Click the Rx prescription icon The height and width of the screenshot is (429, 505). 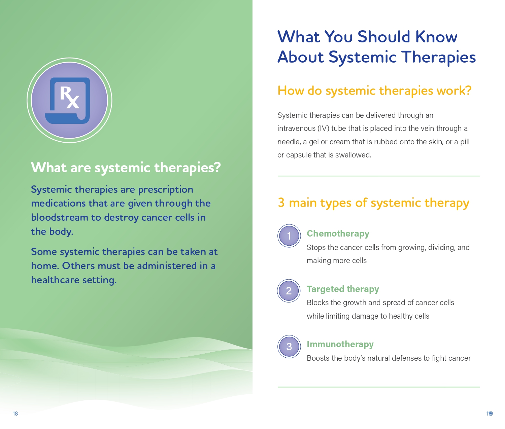click(x=69, y=100)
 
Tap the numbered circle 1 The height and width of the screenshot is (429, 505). click(x=289, y=236)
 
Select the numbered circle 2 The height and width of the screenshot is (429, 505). click(x=289, y=291)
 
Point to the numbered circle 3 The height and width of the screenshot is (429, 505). click(x=289, y=347)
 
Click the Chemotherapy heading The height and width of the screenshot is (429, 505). click(x=338, y=234)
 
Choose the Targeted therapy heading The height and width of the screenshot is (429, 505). click(x=343, y=289)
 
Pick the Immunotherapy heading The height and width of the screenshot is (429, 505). click(x=340, y=344)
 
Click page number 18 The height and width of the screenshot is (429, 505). click(x=15, y=414)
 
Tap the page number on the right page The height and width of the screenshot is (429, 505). click(x=490, y=414)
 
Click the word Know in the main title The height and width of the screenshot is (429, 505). click(x=436, y=37)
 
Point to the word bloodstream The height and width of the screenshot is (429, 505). click(x=60, y=217)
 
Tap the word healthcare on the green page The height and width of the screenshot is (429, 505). click(x=55, y=280)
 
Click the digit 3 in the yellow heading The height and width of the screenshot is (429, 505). click(x=281, y=203)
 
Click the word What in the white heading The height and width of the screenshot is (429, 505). click(x=49, y=168)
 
